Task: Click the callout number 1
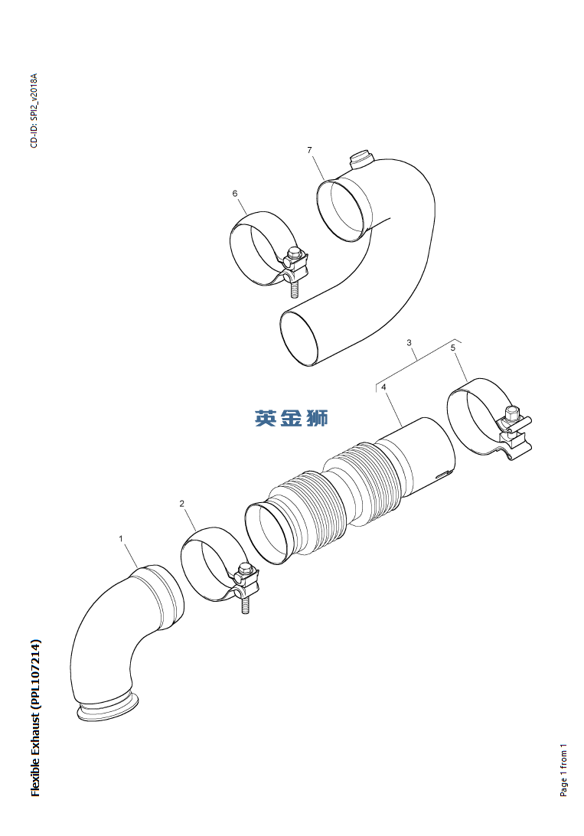(121, 538)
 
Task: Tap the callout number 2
(181, 503)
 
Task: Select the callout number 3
(409, 342)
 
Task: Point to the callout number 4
(383, 387)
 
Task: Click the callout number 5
(453, 348)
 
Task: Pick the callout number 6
(235, 194)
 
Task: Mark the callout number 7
(309, 150)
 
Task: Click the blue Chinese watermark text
(292, 418)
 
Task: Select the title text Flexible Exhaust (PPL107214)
(36, 717)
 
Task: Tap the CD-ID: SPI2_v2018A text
(34, 111)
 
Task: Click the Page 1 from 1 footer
(563, 770)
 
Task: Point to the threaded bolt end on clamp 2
(245, 605)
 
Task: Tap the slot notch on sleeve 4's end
(444, 474)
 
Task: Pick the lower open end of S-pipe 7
(299, 339)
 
